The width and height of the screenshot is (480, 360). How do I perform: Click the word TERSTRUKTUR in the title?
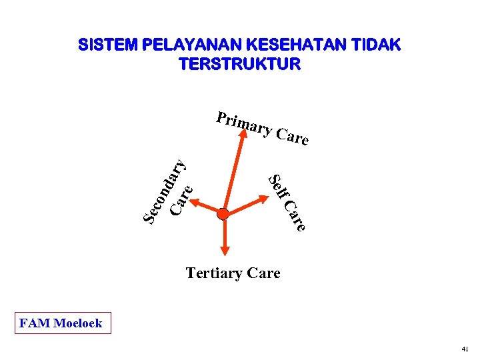(240, 64)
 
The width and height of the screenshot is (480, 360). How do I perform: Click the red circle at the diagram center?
(223, 214)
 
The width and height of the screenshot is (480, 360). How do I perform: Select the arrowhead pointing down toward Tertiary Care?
(223, 250)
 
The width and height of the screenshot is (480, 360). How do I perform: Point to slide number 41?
(465, 349)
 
